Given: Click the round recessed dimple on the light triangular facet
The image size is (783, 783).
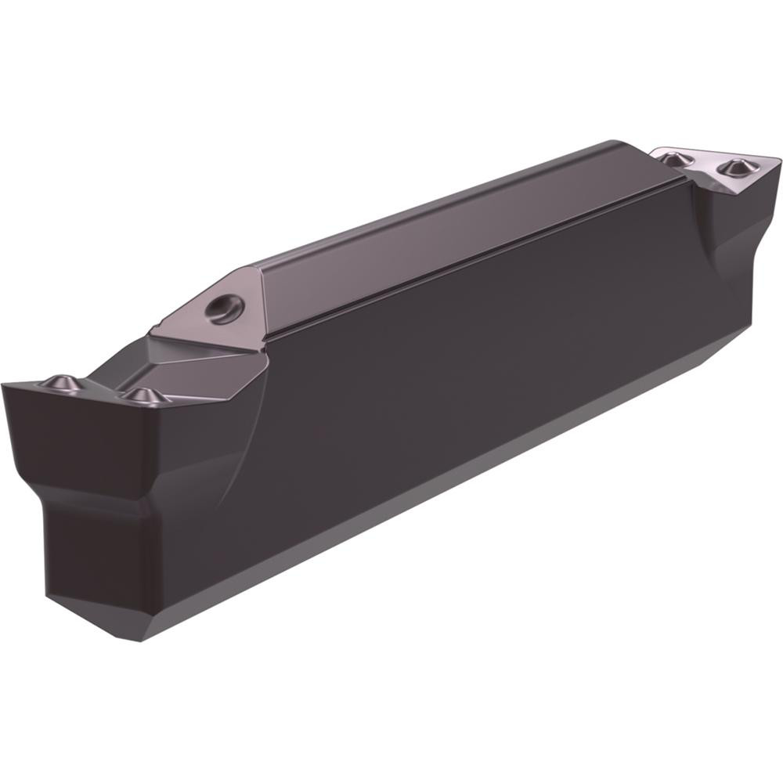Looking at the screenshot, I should (224, 306).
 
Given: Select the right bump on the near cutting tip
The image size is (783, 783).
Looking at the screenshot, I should (142, 395).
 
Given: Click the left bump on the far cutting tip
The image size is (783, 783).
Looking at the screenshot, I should (672, 159).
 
